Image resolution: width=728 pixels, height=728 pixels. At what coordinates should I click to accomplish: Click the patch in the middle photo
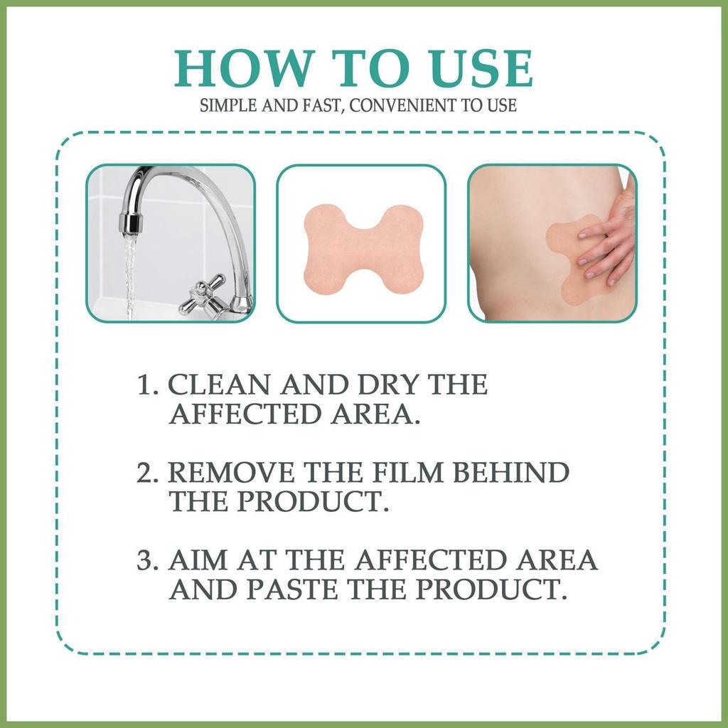click(x=360, y=244)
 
